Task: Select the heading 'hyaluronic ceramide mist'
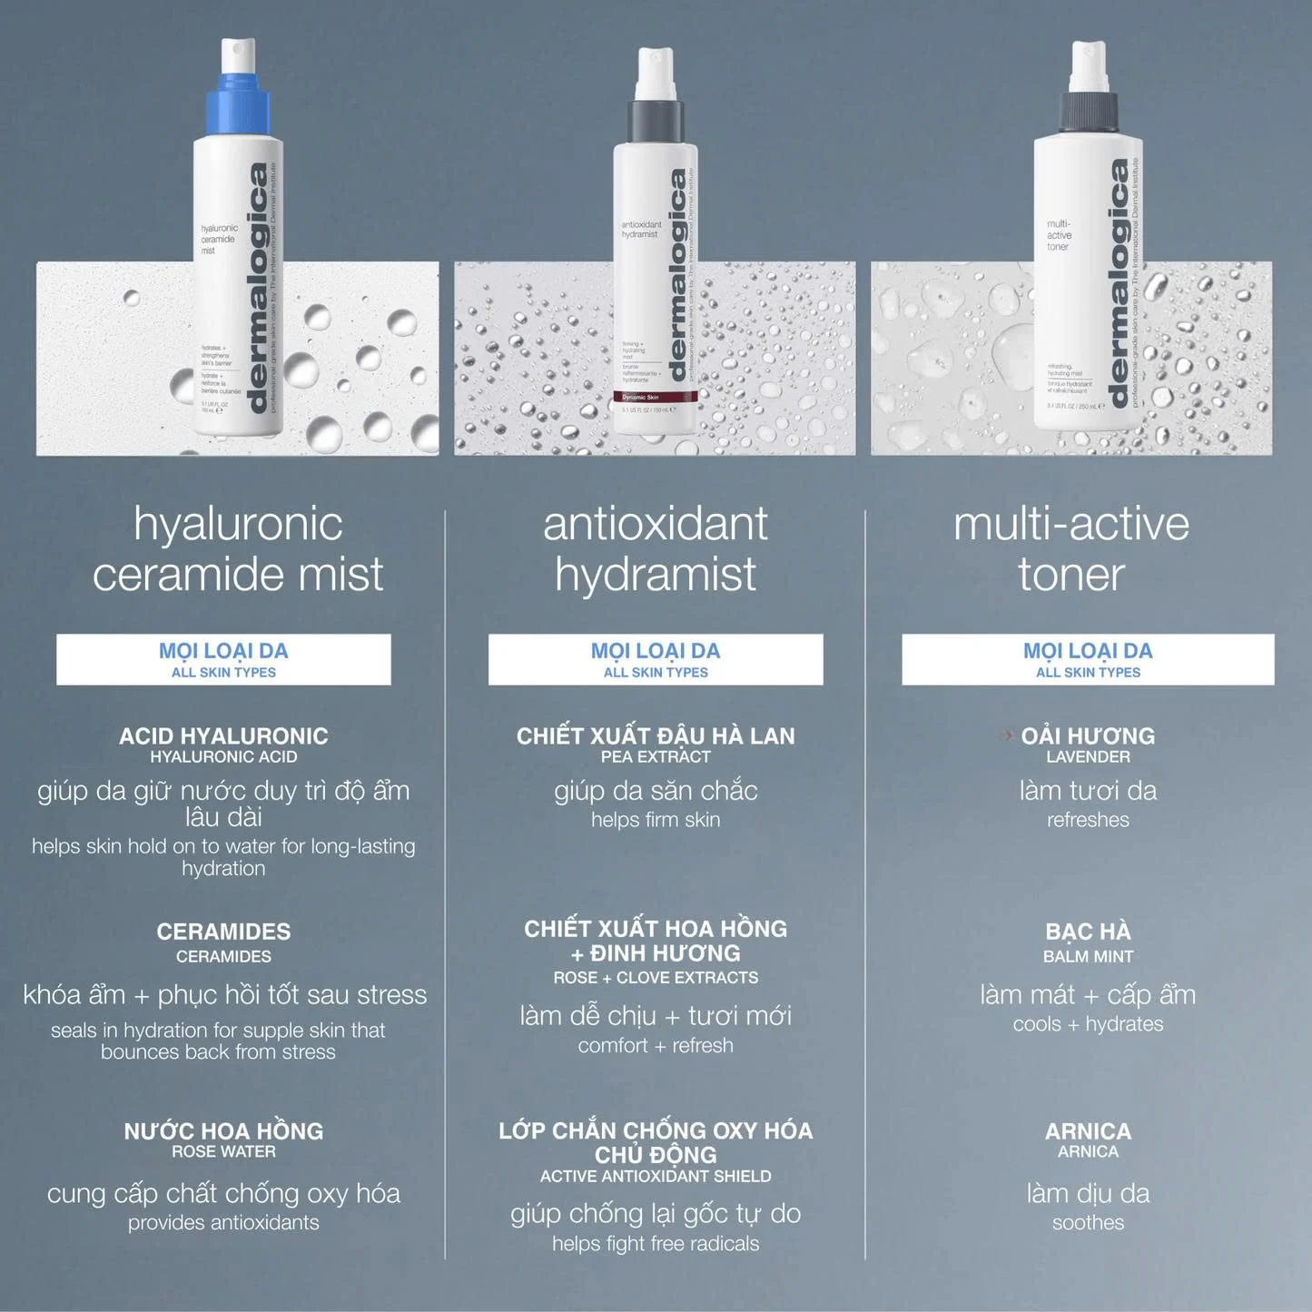238,548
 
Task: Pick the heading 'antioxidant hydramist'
656,548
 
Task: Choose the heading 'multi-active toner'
1071,548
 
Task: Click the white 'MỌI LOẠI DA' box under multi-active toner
1088,659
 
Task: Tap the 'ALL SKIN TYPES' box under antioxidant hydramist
656,660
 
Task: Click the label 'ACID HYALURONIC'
223,735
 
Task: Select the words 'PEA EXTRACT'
656,757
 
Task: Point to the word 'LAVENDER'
1088,757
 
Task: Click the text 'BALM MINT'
1088,956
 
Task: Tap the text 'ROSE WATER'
223,1151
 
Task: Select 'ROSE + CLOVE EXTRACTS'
656,978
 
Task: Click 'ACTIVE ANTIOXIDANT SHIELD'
656,1177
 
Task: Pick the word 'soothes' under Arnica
1088,1223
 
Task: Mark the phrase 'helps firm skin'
656,820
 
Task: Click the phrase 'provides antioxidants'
223,1223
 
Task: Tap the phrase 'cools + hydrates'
1088,1024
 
